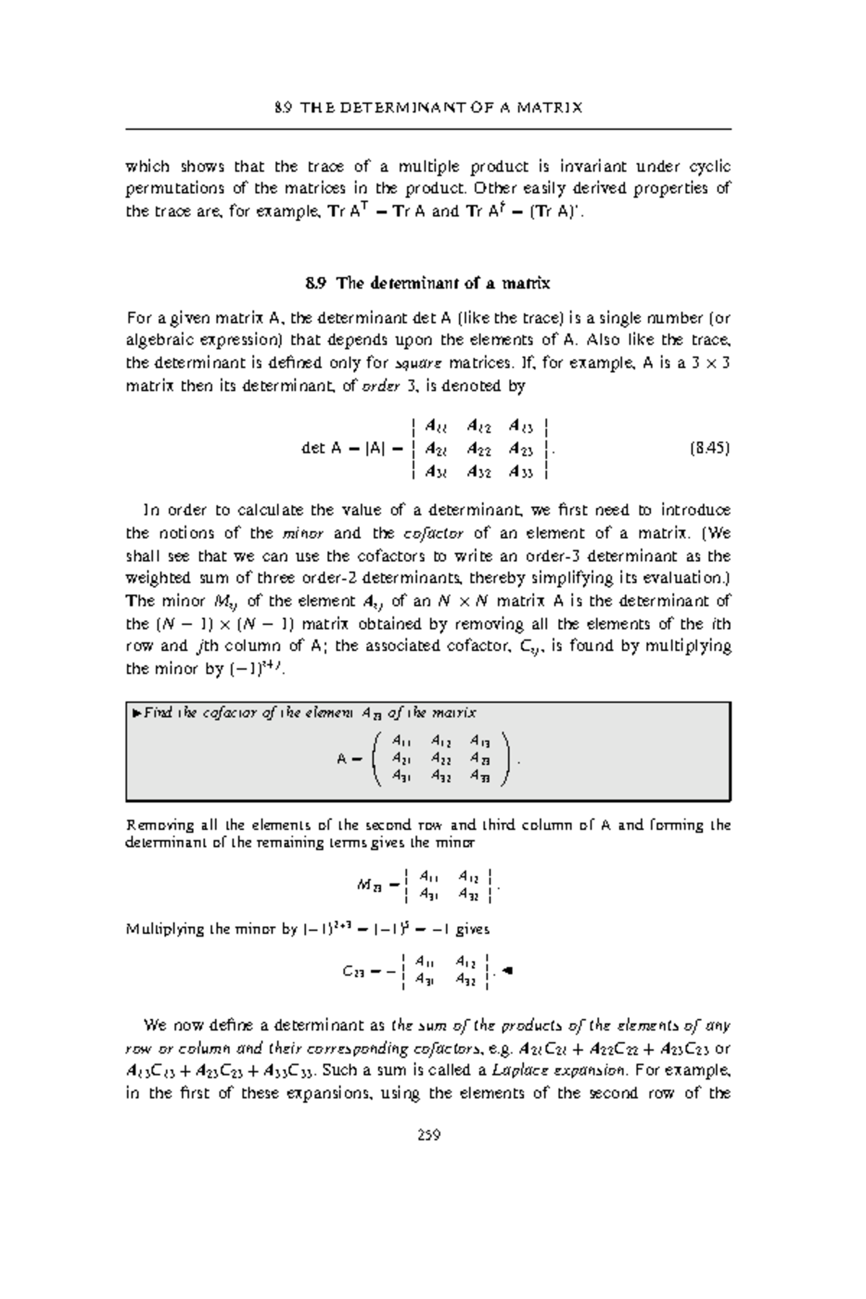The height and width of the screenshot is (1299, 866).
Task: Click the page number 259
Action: tap(429, 1135)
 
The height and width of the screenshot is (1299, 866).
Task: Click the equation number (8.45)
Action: tap(709, 448)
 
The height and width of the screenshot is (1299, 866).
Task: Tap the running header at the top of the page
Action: tap(429, 108)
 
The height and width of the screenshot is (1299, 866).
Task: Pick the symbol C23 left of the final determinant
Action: tap(354, 971)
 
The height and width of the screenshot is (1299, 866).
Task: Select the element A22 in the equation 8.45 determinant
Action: tap(479, 449)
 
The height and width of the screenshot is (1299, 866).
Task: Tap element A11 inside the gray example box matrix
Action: tap(401, 740)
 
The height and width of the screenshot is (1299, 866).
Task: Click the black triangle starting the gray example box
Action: tap(135, 714)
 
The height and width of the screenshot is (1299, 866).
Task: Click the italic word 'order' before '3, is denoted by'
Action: tap(380, 385)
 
